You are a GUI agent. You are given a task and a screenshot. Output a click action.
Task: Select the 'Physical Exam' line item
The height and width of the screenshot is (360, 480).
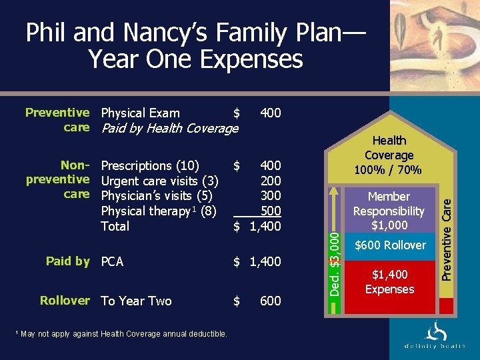click(x=140, y=113)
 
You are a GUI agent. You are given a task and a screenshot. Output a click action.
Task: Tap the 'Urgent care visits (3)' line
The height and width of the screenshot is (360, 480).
click(x=160, y=181)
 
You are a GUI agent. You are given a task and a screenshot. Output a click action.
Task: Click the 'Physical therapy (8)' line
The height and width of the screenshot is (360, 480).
click(x=159, y=211)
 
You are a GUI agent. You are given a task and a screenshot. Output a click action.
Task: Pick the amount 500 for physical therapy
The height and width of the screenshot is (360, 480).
click(x=270, y=211)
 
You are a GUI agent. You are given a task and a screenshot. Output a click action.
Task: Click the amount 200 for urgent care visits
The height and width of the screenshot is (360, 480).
click(x=270, y=181)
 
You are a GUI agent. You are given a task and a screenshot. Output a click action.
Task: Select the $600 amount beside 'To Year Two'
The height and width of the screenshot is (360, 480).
click(x=269, y=301)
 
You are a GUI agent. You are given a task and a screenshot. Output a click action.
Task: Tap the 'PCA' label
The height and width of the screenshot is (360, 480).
click(x=112, y=262)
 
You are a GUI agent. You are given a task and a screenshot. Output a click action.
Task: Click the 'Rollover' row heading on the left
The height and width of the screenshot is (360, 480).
click(x=64, y=301)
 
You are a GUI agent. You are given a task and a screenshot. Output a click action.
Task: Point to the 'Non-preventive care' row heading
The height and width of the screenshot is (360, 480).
click(x=58, y=179)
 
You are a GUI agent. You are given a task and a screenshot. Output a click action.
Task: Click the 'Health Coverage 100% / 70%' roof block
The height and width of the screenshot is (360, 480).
click(x=389, y=155)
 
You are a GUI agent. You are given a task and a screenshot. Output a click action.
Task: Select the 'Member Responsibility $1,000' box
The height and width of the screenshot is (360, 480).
click(x=389, y=211)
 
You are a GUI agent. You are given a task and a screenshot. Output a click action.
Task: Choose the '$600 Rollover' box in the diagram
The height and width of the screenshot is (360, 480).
click(x=390, y=245)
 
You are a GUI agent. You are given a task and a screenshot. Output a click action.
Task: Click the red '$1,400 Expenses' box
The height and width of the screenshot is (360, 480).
click(x=390, y=282)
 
